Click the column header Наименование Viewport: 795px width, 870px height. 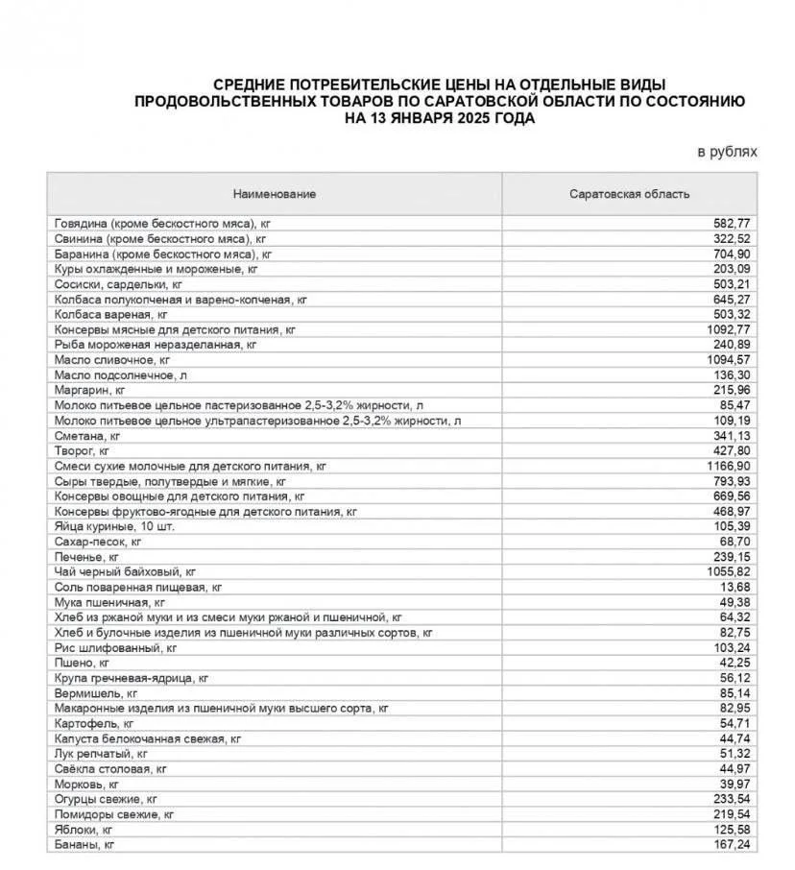click(274, 194)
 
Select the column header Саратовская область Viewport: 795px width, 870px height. click(629, 194)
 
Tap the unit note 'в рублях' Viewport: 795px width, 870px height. click(727, 152)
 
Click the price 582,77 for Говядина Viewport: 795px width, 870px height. click(732, 223)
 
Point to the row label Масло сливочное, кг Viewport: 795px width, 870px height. click(113, 359)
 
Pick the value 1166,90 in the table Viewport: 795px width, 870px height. click(729, 465)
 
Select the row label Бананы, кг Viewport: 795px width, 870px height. click(84, 844)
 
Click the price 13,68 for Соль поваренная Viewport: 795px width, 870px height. click(735, 586)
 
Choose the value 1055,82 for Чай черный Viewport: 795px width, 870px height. click(729, 570)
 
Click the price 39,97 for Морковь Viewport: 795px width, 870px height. click(735, 784)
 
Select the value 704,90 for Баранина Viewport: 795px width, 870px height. click(732, 254)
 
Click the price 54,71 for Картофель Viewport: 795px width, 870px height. click(735, 722)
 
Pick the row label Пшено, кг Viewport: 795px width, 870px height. click(83, 662)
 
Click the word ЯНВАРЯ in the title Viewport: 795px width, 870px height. click(419, 118)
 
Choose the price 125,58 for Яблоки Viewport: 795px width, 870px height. click(732, 829)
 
